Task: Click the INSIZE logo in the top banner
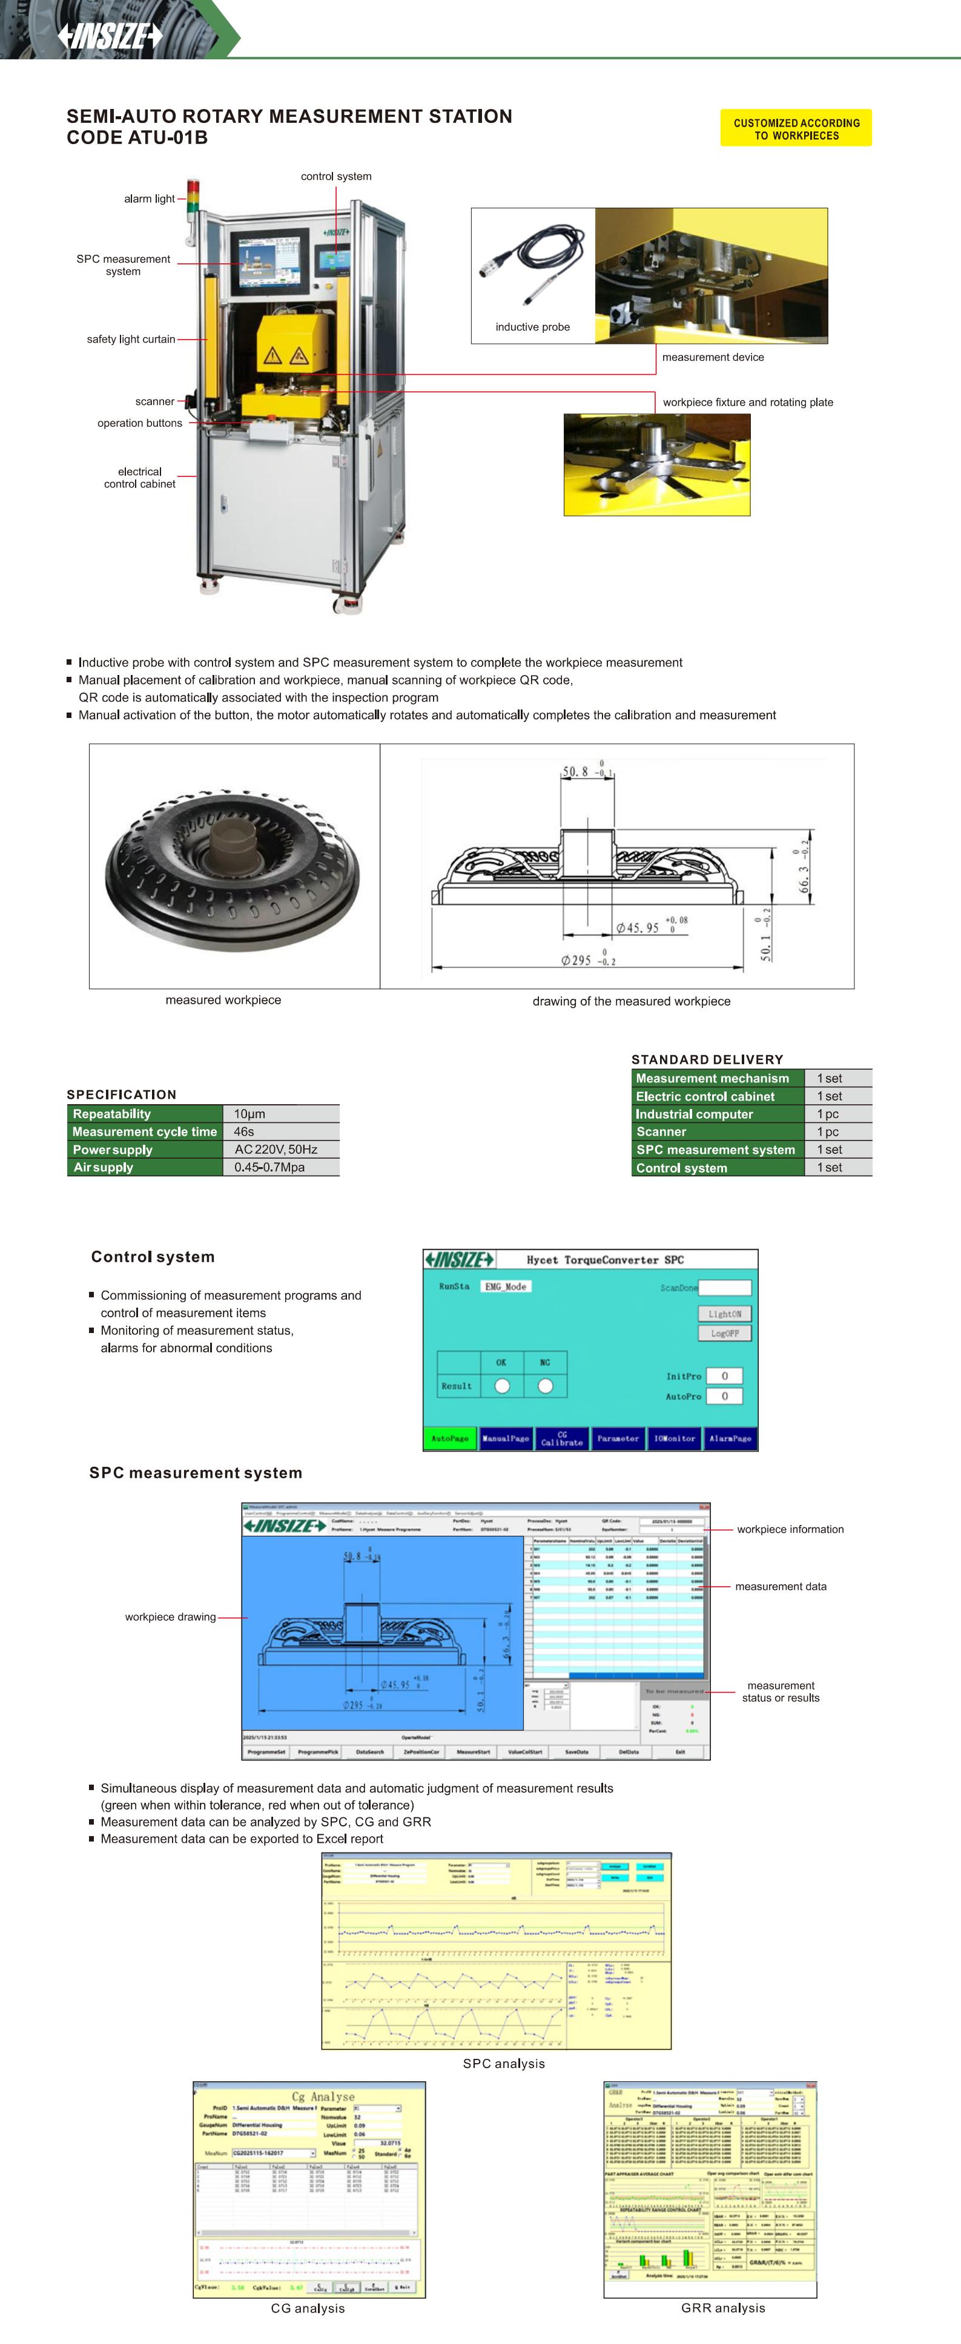109,36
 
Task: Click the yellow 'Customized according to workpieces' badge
796,129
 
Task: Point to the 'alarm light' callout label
149,199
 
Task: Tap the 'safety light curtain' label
131,340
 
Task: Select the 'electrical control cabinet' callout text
139,478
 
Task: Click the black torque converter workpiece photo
233,864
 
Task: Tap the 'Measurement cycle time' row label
145,1132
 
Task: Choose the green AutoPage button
449,1438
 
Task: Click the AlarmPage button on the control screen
730,1438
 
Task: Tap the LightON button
724,1314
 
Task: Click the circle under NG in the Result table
545,1386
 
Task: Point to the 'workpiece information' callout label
790,1530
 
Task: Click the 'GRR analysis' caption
722,2308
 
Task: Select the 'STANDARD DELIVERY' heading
707,1059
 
